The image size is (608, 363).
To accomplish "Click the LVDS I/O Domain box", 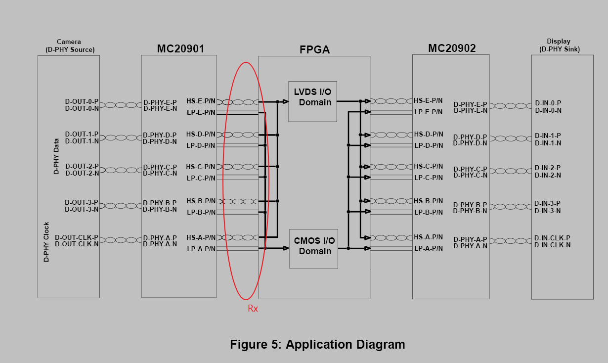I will click(312, 101).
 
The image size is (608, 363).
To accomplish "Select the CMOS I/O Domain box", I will click(313, 249).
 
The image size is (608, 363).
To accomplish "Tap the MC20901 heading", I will click(180, 48).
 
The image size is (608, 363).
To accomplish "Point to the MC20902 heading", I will click(452, 48).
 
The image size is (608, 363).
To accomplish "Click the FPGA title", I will click(314, 49).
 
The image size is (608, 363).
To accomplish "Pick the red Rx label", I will click(253, 309).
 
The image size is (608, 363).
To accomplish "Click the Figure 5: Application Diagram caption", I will click(317, 345).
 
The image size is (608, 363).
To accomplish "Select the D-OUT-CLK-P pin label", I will click(77, 237).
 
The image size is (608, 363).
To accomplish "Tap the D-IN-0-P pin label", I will click(548, 103).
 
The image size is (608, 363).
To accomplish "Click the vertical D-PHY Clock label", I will click(46, 242).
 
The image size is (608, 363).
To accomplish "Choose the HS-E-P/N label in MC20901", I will click(201, 101).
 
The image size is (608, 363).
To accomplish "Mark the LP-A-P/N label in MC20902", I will click(428, 248).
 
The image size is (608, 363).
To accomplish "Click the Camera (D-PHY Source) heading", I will click(69, 45).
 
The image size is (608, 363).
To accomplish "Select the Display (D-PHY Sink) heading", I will click(559, 45).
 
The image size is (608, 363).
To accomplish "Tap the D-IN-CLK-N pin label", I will click(552, 245).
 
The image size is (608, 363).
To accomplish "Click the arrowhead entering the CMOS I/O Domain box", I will click(286, 248).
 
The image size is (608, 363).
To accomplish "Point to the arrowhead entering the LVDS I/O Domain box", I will click(286, 101).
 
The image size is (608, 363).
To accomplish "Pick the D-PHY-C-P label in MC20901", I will click(160, 167).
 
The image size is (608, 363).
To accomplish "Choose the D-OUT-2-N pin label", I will click(82, 173).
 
